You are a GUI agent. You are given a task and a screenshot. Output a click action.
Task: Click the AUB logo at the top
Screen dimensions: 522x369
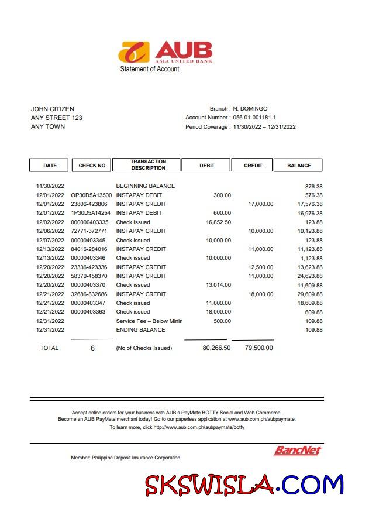[165, 51]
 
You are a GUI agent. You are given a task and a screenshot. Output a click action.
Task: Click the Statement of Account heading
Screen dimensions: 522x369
[150, 69]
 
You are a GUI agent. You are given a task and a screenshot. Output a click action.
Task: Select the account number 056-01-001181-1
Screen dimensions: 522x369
[254, 118]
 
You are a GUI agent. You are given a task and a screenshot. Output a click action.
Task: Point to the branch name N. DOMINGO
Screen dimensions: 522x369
[250, 109]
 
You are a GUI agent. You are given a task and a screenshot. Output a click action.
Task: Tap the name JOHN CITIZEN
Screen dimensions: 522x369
[52, 109]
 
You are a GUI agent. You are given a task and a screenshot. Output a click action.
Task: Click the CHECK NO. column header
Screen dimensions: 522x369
[92, 166]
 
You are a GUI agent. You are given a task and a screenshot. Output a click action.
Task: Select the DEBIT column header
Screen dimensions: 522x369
[207, 166]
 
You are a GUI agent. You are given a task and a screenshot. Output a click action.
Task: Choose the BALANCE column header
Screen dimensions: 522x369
[299, 166]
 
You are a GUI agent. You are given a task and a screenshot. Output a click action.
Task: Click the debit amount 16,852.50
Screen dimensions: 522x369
[219, 222]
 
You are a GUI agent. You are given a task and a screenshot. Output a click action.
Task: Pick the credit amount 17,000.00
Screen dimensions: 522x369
[261, 204]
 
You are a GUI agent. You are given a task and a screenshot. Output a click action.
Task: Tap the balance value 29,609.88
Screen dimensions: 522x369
[310, 294]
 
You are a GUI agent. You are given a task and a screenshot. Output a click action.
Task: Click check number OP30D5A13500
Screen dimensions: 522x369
[91, 195]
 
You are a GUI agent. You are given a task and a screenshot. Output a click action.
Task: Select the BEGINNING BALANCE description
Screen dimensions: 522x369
[146, 186]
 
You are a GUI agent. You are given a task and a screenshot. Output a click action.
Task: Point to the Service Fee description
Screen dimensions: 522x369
[149, 321]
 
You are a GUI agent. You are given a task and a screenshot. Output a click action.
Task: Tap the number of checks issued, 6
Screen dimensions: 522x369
[92, 348]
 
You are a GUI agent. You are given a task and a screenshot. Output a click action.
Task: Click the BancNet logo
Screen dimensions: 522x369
[298, 451]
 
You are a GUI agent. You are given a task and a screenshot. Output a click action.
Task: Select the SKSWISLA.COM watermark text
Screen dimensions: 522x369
[244, 485]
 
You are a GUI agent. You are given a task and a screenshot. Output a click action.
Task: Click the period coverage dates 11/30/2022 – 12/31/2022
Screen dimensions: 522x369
[264, 127]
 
